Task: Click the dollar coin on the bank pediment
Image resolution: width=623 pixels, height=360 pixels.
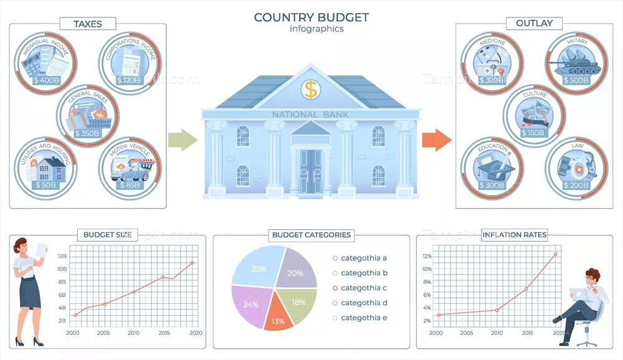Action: click(310, 89)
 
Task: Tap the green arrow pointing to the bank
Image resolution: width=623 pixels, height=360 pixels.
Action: click(181, 140)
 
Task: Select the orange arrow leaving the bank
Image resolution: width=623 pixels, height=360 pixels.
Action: click(436, 140)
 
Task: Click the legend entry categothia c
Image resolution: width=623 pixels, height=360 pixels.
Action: click(364, 288)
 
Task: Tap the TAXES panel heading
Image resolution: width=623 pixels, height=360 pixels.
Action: click(87, 24)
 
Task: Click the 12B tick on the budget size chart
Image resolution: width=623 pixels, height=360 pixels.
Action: click(62, 257)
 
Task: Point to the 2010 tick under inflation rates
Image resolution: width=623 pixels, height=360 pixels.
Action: click(497, 333)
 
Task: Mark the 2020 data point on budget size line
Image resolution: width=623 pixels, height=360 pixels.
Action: click(192, 262)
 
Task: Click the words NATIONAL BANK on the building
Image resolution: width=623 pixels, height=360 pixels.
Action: click(310, 115)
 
